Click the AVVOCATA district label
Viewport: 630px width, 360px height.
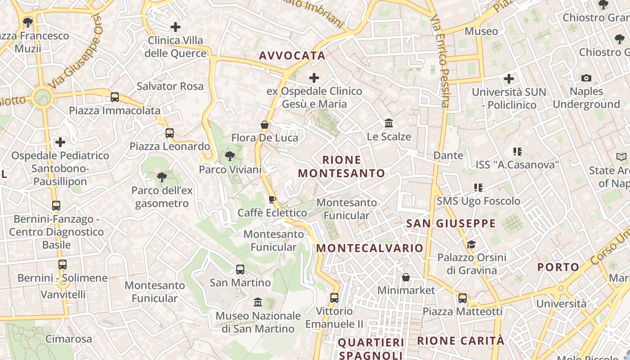click(x=292, y=56)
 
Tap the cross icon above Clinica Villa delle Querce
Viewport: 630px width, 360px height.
click(x=175, y=27)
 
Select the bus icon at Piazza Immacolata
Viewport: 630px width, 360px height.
click(x=115, y=97)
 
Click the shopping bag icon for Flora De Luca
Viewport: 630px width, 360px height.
click(x=265, y=124)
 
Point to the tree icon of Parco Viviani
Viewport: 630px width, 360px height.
click(x=230, y=157)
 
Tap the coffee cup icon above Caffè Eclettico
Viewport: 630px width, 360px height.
click(x=272, y=199)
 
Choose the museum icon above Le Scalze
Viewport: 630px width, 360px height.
click(x=389, y=123)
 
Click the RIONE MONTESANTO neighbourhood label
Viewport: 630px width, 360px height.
click(x=342, y=166)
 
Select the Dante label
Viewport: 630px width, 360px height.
click(x=448, y=155)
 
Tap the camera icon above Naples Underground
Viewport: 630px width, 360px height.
click(x=586, y=78)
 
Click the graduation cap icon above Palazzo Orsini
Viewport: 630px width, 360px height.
click(x=471, y=244)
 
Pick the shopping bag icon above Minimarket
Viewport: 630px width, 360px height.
click(x=406, y=277)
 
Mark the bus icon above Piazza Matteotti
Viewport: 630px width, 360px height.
click(x=462, y=298)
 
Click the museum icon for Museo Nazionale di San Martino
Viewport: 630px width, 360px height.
click(x=258, y=302)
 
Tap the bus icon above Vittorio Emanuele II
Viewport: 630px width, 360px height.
click(x=334, y=297)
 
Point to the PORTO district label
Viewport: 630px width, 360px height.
click(x=558, y=267)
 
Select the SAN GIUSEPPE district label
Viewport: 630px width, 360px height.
click(x=451, y=224)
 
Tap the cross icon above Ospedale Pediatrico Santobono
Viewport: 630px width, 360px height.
click(x=60, y=143)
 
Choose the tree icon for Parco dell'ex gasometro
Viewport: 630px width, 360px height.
click(x=162, y=177)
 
